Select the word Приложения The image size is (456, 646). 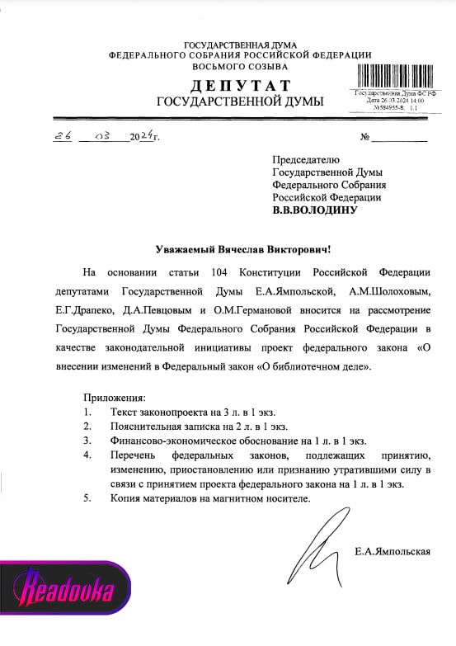point(115,398)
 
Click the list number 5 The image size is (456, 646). point(87,500)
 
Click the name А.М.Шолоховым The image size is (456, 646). point(393,291)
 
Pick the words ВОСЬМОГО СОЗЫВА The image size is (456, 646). point(240,66)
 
